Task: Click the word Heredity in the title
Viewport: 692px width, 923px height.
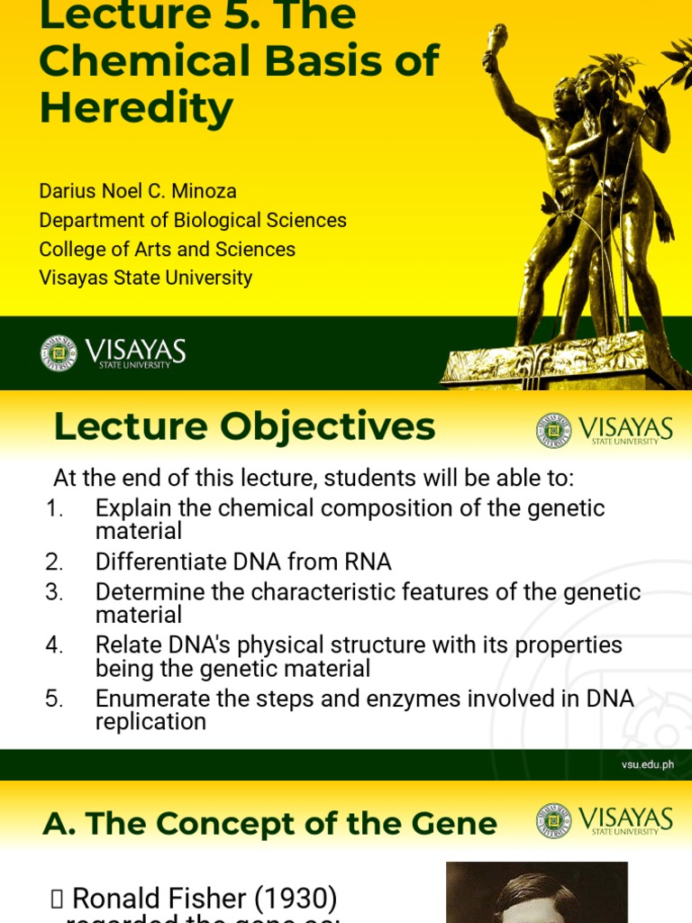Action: [136, 109]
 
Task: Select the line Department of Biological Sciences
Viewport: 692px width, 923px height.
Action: [193, 220]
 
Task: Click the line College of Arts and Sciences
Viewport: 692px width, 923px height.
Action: [167, 249]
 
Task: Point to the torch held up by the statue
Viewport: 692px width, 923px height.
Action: [496, 41]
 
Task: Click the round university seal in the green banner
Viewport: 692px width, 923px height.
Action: [59, 352]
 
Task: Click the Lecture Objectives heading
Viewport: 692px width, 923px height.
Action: [244, 426]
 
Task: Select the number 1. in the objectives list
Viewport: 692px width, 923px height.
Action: [55, 508]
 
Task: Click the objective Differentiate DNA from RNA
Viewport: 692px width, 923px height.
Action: [243, 562]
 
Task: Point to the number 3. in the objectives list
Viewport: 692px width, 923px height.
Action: [55, 592]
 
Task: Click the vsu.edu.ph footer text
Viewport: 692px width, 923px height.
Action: [647, 765]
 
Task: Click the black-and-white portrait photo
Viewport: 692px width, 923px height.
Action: [536, 892]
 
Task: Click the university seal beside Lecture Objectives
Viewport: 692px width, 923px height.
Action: [553, 430]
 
